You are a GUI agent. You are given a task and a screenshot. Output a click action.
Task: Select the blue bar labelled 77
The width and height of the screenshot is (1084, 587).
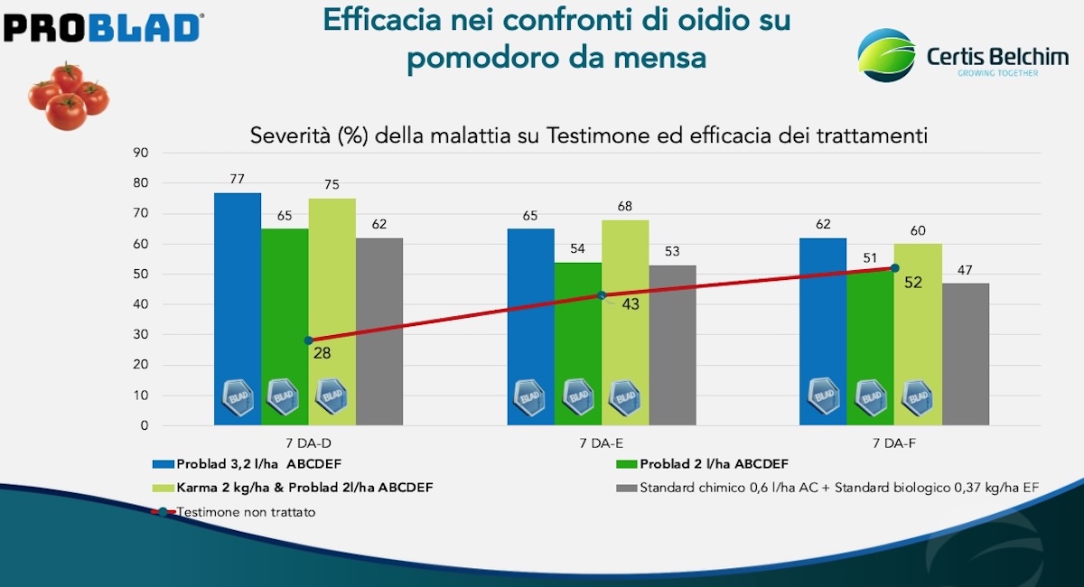[x=238, y=308]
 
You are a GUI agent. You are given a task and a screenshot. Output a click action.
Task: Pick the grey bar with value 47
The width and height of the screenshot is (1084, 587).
[x=966, y=353]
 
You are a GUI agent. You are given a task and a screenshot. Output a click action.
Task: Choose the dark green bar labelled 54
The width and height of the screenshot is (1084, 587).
[x=578, y=343]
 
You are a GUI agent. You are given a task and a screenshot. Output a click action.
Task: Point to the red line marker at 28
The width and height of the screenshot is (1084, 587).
[x=309, y=340]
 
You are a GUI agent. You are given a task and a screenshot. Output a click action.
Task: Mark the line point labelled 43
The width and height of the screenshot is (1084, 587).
[x=602, y=295]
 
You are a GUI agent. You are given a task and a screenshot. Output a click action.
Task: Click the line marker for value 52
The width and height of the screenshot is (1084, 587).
[x=894, y=268]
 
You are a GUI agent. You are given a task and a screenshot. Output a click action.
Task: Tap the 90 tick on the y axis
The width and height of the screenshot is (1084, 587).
[x=140, y=153]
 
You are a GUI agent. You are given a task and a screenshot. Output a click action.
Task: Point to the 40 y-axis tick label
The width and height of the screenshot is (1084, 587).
[x=140, y=304]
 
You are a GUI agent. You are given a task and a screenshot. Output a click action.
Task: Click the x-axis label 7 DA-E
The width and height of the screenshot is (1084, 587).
[x=602, y=443]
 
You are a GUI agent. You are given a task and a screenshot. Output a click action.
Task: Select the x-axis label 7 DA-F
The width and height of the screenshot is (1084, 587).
[x=894, y=443]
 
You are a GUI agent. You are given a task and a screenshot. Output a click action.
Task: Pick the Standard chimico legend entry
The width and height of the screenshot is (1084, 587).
[x=827, y=489]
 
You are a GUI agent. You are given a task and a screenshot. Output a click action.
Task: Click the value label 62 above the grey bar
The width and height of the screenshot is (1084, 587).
[x=378, y=224]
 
